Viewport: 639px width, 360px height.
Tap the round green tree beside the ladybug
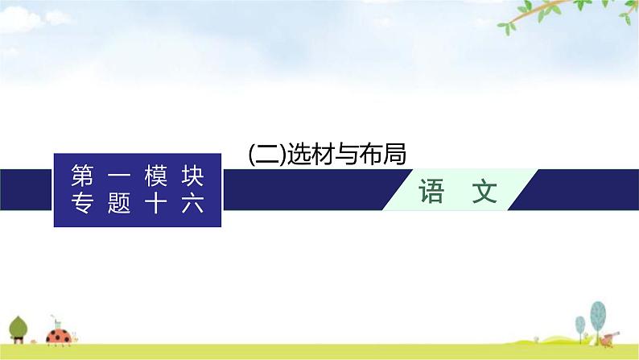coord(19,326)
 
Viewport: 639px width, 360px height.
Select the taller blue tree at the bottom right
coord(598,313)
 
